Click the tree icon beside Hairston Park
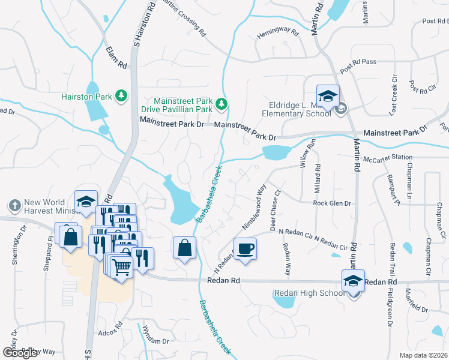(121, 96)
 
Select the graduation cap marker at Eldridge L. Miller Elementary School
(328, 97)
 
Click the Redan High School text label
(309, 293)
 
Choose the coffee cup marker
(244, 249)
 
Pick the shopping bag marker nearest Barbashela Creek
(185, 249)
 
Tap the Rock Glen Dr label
(331, 203)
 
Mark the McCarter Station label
(388, 157)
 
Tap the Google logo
(20, 353)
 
